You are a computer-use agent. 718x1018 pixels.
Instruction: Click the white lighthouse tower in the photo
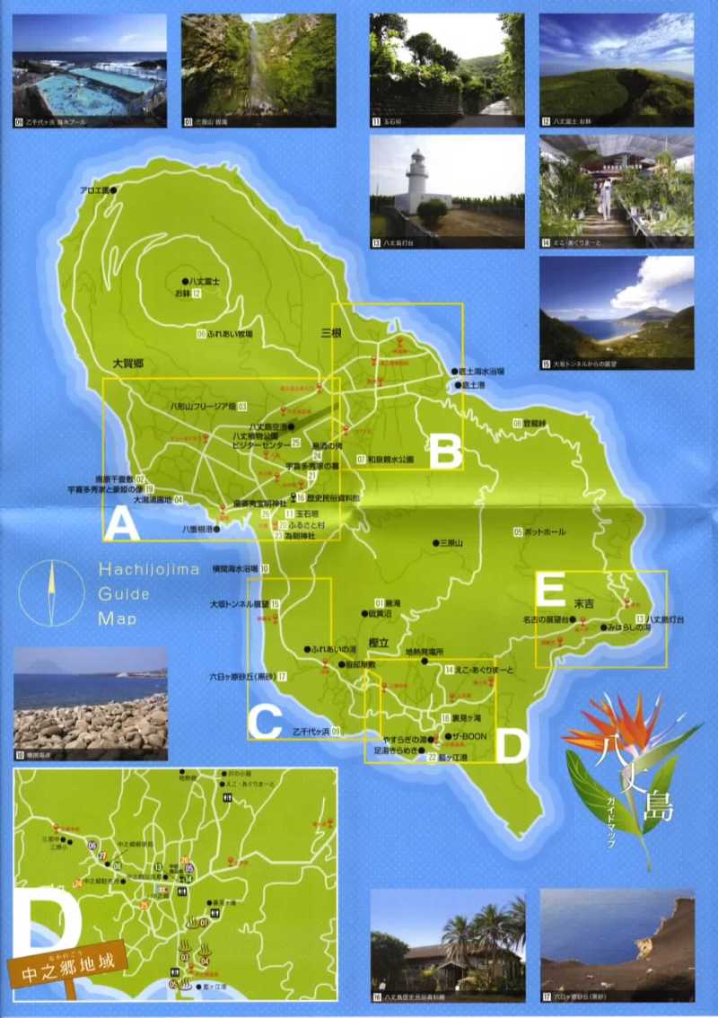[x=416, y=180]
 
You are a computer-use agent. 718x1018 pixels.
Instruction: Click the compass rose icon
[x=52, y=593]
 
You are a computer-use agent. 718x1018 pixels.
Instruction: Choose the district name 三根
[x=333, y=332]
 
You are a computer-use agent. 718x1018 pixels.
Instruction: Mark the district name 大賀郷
[x=129, y=364]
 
